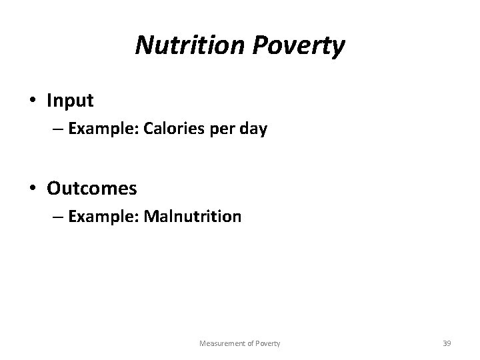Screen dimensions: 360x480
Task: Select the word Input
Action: tap(70, 101)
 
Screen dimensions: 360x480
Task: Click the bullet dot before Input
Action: tap(33, 101)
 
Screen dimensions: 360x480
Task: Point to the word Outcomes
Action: tap(92, 189)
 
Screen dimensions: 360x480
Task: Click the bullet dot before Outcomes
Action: tap(33, 189)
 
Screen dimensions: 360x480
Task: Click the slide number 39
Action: tap(447, 343)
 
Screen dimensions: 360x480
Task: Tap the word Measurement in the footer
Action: tap(222, 343)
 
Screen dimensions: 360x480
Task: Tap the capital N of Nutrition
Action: tap(143, 45)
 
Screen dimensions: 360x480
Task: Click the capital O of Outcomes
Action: tap(54, 189)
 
